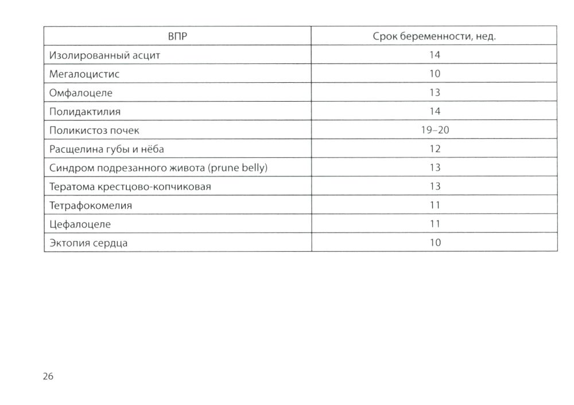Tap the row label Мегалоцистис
tap(84, 74)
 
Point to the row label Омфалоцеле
tap(81, 92)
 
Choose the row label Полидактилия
tap(85, 111)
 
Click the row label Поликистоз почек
tap(95, 130)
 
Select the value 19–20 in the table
tap(435, 130)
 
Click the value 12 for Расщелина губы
tap(435, 149)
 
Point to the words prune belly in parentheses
tap(239, 168)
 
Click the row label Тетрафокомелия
tap(91, 205)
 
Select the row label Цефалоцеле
tap(80, 223)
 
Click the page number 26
tap(48, 376)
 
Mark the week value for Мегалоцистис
tap(435, 74)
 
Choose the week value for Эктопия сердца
tap(435, 242)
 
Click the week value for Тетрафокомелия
tap(435, 205)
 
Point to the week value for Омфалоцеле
tap(435, 92)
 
